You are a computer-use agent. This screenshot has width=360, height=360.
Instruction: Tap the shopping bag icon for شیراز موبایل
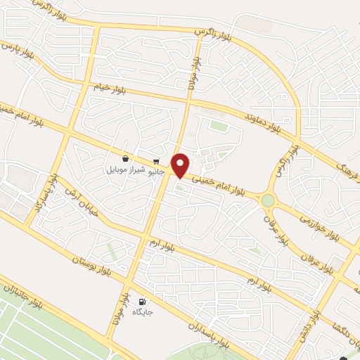[125, 159]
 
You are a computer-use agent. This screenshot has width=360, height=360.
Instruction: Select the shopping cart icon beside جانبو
[155, 160]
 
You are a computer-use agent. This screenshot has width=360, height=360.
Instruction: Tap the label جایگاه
[143, 311]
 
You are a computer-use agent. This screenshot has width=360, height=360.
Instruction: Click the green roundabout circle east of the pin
[268, 201]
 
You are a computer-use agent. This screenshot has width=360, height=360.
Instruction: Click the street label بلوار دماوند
[263, 119]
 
